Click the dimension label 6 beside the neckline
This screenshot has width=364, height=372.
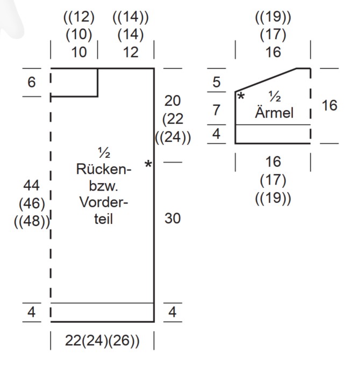tap(31, 82)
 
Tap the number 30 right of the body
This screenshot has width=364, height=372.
tap(173, 218)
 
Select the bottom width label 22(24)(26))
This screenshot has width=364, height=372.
tap(102, 341)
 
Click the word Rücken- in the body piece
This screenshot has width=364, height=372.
tap(104, 169)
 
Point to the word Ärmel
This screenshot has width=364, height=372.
tap(274, 112)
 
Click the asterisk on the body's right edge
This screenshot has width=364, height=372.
tap(148, 164)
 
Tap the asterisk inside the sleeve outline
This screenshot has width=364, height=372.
tap(241, 96)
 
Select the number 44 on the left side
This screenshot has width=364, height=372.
tap(31, 185)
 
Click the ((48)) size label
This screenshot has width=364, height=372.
tap(32, 221)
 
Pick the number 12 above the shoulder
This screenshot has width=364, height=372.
tap(131, 52)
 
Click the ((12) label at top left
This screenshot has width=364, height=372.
tap(79, 17)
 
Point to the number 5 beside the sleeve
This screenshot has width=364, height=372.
tap(216, 82)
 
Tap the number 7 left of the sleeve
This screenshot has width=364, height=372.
tap(216, 110)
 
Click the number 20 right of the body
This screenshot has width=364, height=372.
tap(173, 101)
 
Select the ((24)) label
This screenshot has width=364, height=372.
tap(173, 137)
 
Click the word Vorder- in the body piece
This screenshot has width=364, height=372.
tap(104, 202)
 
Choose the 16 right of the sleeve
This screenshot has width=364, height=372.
tap(329, 105)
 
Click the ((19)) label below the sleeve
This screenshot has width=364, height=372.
tap(273, 198)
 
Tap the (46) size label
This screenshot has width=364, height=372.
tap(32, 203)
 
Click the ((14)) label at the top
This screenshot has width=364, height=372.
tap(131, 17)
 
